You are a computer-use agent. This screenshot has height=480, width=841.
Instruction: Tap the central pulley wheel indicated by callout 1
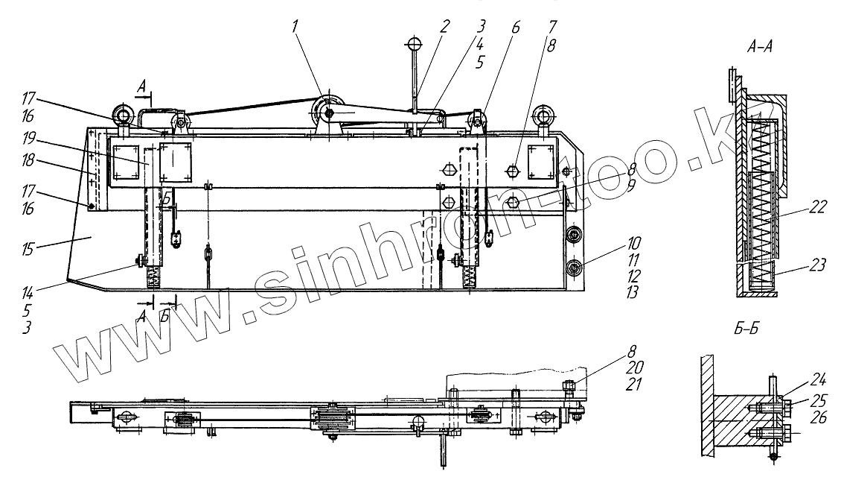pyautogui.click(x=328, y=113)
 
